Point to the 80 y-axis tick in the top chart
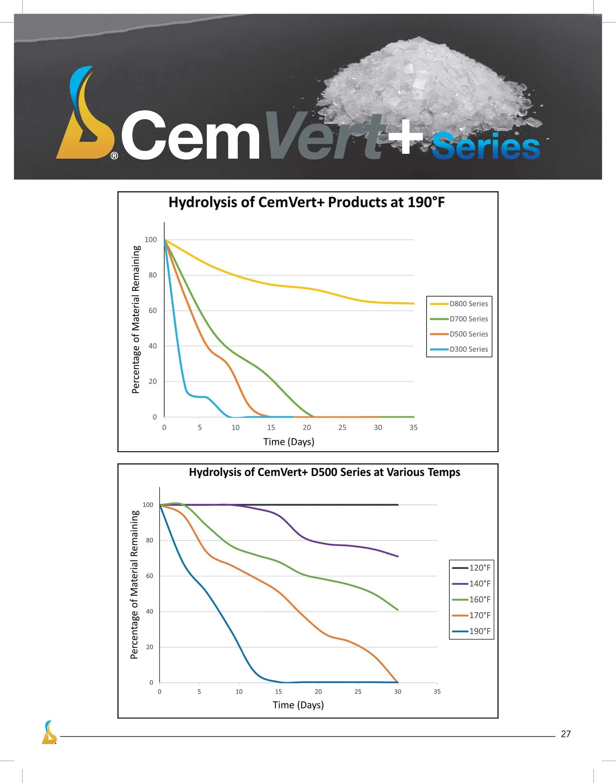(152, 275)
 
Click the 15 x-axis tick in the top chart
(271, 427)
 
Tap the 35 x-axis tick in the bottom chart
(437, 692)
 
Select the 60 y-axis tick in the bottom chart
(150, 576)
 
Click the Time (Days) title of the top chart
(289, 442)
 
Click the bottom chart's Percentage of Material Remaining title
(134, 584)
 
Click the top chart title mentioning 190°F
(306, 202)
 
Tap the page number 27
(565, 734)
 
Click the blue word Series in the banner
(486, 146)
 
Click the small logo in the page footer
(49, 732)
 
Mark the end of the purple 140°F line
(398, 556)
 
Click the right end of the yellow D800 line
(413, 303)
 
